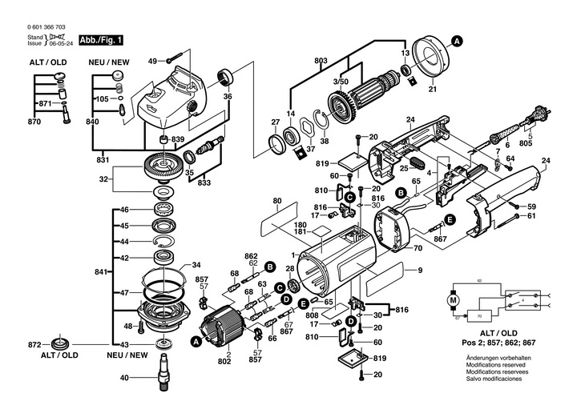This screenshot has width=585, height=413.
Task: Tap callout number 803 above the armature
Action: (x=321, y=61)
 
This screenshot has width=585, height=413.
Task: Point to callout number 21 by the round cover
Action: (x=433, y=89)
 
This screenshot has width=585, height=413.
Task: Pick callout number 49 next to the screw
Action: (x=152, y=61)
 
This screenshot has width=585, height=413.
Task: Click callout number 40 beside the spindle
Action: (x=124, y=378)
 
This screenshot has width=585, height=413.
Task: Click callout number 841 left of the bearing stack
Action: (x=99, y=273)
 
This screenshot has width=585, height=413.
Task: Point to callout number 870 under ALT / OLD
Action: (x=34, y=122)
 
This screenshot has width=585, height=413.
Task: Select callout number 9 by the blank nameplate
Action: (x=419, y=271)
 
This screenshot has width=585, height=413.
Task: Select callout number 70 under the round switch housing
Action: (x=417, y=249)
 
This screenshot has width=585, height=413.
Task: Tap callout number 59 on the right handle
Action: (x=531, y=208)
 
